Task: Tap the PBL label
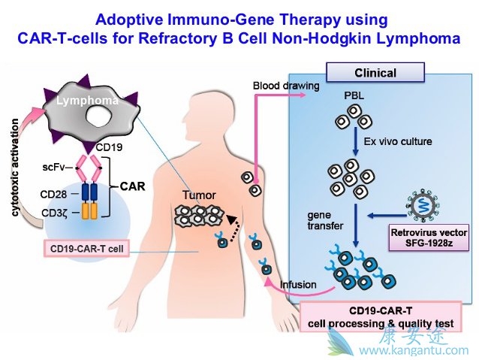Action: tap(354, 97)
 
